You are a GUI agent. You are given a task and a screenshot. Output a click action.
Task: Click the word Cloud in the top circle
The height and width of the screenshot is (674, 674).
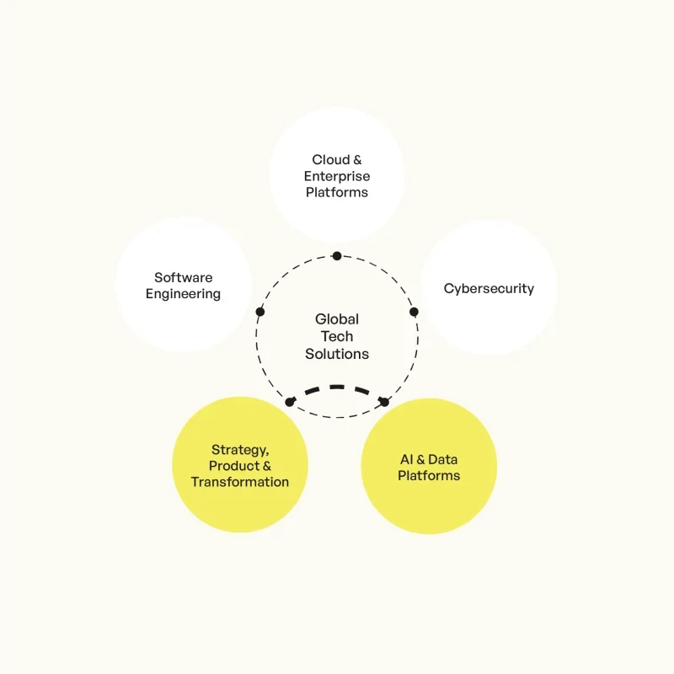[x=330, y=159]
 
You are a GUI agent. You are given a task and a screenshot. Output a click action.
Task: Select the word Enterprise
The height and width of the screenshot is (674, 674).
[x=337, y=176]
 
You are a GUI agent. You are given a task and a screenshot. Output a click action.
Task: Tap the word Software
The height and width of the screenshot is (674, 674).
[x=183, y=278]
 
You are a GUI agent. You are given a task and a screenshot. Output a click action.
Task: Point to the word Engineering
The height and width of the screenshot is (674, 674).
[x=183, y=294]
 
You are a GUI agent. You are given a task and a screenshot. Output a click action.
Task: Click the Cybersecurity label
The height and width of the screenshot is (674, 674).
[x=489, y=288]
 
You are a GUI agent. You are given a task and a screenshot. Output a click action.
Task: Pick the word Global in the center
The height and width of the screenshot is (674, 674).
[x=337, y=319]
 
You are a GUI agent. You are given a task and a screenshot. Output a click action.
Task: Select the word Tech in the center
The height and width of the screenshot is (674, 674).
[x=337, y=336]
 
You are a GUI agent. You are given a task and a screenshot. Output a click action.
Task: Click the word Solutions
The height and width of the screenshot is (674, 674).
[x=337, y=354]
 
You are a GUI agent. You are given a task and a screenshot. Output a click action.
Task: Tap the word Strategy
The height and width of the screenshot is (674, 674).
[x=240, y=450]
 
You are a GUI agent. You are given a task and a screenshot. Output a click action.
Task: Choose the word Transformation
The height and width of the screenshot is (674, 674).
[x=240, y=482]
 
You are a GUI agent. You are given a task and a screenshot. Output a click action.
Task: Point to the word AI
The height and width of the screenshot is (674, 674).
[x=407, y=459]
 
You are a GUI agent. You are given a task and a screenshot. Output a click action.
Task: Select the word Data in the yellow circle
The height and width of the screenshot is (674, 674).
[x=443, y=459]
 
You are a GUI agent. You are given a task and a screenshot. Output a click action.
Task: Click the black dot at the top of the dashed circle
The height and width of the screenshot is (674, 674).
[x=337, y=256]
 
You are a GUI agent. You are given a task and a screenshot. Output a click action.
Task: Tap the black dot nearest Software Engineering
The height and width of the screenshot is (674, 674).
[x=260, y=312]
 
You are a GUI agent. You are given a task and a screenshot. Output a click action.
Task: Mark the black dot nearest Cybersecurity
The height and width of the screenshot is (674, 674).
[x=414, y=312]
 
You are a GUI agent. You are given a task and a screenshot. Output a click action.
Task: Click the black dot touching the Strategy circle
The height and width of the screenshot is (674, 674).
[x=290, y=402]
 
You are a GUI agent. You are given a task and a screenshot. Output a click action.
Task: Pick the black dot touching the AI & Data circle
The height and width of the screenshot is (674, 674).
[x=384, y=402]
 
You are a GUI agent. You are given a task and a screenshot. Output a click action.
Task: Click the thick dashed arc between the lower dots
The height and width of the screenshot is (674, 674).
[x=337, y=387]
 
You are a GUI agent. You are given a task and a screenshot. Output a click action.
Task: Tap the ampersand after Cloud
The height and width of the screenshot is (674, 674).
[x=357, y=160]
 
